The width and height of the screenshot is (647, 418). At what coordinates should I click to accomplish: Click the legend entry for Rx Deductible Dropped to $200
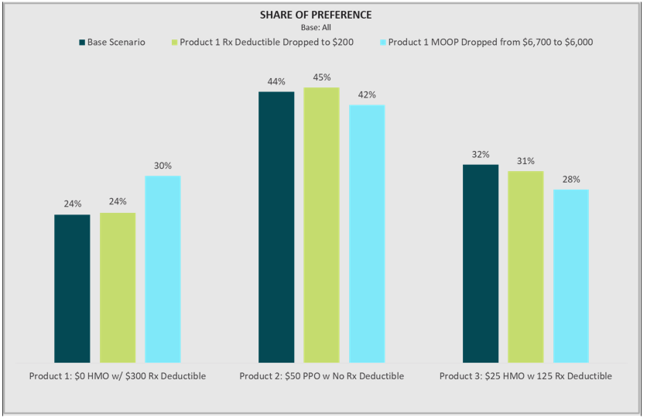tap(262, 42)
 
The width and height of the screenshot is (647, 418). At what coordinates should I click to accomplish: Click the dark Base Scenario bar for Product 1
tap(72, 288)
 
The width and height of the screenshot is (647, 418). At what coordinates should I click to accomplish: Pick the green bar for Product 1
tap(118, 287)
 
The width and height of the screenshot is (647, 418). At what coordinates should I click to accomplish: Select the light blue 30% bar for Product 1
tap(163, 269)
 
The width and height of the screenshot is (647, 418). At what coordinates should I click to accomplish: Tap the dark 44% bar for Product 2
tap(276, 227)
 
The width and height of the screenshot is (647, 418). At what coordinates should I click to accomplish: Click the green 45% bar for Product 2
tap(321, 224)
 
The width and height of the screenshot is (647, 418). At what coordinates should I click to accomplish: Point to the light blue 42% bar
tap(367, 233)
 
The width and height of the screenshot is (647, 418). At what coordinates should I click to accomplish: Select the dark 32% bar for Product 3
tap(481, 263)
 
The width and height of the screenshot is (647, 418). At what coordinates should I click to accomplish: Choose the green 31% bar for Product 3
tap(525, 266)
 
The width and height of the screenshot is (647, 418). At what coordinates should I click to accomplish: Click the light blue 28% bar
tap(571, 276)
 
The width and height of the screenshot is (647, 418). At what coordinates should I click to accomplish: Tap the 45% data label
tap(322, 77)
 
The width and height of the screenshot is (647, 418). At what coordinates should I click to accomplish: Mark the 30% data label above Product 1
tap(163, 166)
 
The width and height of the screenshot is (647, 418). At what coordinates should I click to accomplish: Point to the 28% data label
tap(571, 180)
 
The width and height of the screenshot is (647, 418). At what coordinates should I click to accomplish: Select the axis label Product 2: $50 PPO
tap(321, 376)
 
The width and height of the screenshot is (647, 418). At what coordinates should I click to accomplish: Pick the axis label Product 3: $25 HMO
tap(525, 376)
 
